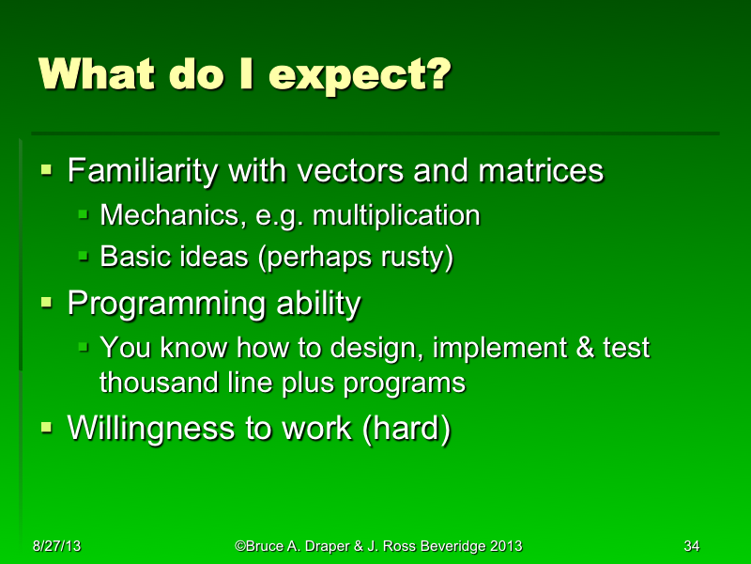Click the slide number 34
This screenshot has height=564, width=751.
[x=692, y=546]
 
